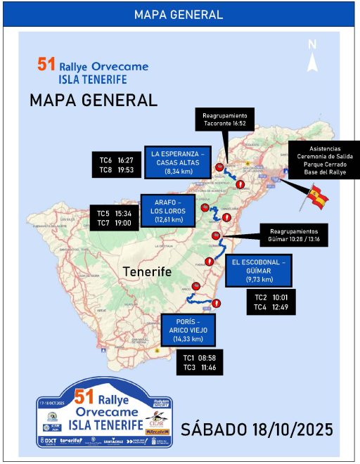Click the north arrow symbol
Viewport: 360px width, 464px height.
[313, 56]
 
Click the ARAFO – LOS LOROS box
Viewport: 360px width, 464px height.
[168, 210]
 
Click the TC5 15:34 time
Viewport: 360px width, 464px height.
[114, 213]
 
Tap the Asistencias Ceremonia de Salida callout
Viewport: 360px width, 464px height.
[324, 160]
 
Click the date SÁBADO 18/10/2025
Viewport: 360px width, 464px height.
[257, 428]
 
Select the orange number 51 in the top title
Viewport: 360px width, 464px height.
[46, 65]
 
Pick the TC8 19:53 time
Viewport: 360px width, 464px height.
[115, 169]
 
